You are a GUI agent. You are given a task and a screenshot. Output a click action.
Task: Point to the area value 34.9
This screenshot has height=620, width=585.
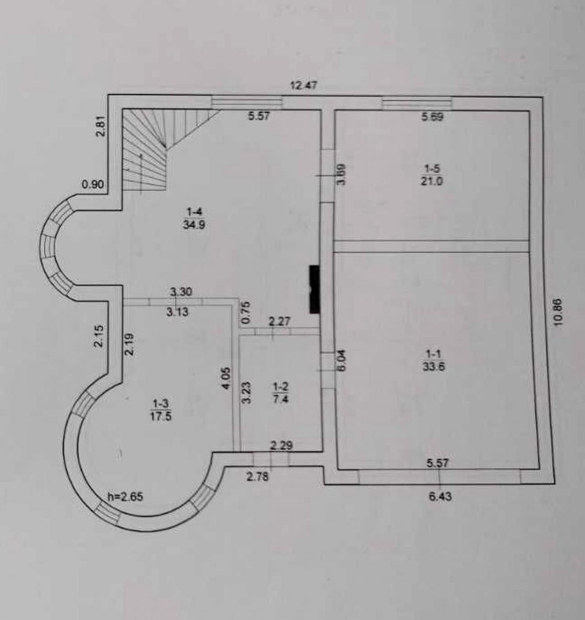194,225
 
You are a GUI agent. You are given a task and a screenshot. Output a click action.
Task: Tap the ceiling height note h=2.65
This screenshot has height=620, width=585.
125,497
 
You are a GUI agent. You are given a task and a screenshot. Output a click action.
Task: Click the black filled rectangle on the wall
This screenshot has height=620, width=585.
313,289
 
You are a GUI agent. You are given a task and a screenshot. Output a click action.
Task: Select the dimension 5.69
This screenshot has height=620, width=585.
432,117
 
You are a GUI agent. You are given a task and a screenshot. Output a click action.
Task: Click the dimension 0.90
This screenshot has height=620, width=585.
93,184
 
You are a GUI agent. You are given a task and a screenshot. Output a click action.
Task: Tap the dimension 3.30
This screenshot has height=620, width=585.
181,292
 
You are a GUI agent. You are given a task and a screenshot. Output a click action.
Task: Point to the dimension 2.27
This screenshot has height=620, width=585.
279,321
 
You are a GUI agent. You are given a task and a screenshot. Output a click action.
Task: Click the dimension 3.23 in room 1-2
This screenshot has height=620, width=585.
247,393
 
